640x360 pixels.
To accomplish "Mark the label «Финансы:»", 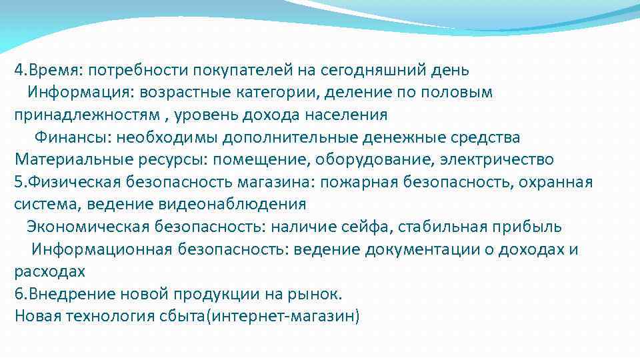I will tap(74, 137).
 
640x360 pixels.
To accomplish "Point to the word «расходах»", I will tap(50, 272).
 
